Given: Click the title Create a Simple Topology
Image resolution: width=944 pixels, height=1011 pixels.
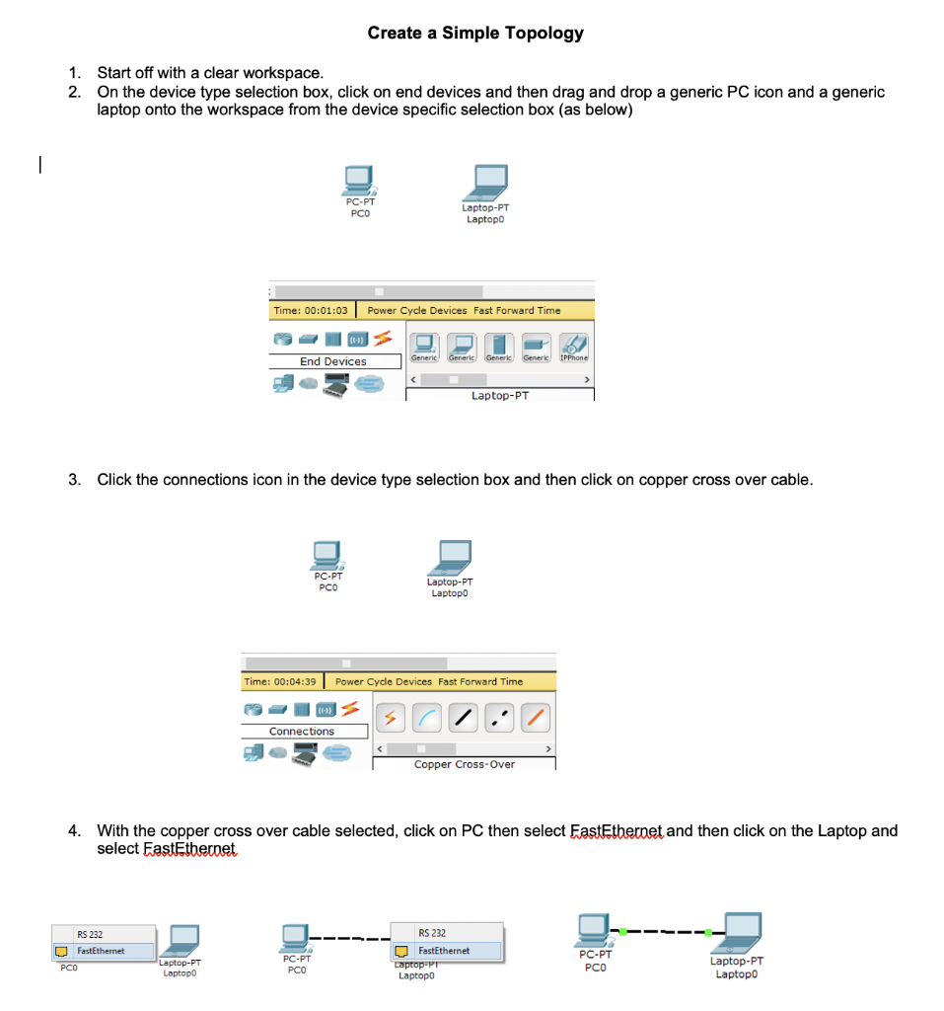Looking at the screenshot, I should coord(475,33).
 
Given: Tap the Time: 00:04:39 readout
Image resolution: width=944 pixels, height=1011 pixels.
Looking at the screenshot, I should coord(281,681).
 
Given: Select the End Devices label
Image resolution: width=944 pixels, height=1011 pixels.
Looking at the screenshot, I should coord(332,361).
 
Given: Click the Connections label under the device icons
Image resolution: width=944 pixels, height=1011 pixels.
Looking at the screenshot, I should coord(302,732).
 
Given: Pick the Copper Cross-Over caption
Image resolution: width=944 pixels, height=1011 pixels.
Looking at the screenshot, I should coord(465,764).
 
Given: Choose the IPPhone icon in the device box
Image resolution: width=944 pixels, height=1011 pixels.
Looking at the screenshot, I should coord(574,346).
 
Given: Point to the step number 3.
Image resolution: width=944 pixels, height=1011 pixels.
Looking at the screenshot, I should coord(74,480).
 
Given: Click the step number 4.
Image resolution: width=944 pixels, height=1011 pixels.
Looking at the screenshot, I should coord(74,830).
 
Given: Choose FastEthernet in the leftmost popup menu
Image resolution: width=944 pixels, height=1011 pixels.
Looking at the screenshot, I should coord(101,951).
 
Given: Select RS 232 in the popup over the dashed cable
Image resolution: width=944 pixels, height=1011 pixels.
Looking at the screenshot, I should coord(432,933).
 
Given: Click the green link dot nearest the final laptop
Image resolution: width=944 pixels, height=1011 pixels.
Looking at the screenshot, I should coord(710,931).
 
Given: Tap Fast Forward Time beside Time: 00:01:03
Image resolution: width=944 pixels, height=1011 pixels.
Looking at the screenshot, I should coord(517,310).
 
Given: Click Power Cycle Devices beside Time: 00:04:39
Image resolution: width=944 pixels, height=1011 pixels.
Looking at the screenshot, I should coord(384,681).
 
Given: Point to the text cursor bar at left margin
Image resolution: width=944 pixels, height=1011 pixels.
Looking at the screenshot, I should coord(37,166).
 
